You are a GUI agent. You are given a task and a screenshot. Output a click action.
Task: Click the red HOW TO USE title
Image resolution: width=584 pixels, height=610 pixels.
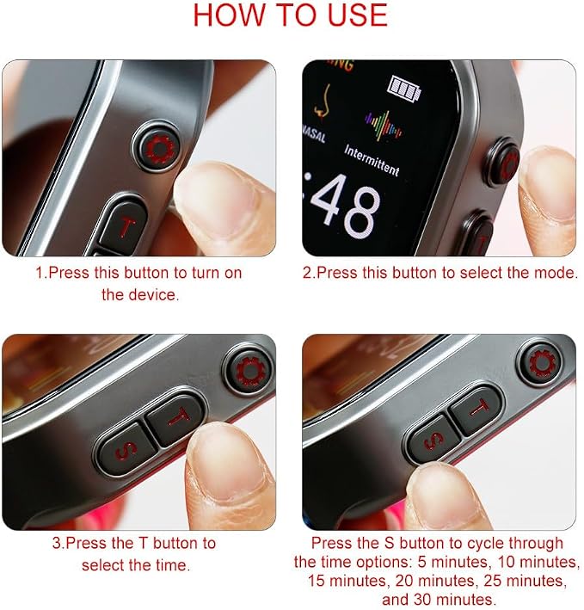point(291,15)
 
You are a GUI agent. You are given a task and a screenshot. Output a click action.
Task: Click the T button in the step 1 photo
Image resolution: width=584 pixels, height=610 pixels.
point(123,227)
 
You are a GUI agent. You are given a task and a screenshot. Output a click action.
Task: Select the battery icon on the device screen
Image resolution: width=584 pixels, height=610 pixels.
point(404,89)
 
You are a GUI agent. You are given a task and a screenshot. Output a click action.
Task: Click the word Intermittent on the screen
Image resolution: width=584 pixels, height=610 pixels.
point(372,160)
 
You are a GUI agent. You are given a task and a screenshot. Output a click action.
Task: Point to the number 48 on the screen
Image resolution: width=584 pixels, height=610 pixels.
point(345,206)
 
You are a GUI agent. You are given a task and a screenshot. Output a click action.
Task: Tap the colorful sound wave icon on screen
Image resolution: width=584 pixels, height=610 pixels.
point(383,125)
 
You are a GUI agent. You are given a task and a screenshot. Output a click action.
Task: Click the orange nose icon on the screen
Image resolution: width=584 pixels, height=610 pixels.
point(323,102)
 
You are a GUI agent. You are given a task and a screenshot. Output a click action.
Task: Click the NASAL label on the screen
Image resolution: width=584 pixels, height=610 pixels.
point(314,133)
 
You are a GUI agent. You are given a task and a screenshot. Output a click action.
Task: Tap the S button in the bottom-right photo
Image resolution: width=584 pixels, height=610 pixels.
point(433,440)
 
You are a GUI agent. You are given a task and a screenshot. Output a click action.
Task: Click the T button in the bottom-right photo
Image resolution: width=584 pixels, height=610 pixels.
point(477,409)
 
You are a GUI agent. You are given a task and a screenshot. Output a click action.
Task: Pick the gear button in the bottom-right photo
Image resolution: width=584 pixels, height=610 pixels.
point(541,363)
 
